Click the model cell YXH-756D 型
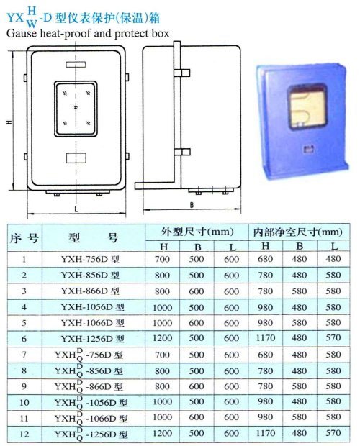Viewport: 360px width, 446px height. (90, 260)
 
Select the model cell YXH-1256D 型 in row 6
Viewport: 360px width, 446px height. (93, 339)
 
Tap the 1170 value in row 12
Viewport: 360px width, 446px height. (266, 433)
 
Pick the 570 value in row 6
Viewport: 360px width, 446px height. (333, 337)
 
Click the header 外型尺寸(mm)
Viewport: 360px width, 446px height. (197, 232)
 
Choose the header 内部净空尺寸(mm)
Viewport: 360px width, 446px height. (297, 232)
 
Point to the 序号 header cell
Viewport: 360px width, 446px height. (24, 238)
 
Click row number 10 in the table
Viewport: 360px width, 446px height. (24, 403)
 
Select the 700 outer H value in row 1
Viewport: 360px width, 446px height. (162, 259)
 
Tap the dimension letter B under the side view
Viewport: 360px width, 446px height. (192, 205)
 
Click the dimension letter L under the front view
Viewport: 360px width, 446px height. (76, 209)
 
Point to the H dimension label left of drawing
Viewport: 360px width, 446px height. (9, 122)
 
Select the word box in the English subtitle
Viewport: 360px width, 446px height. (161, 34)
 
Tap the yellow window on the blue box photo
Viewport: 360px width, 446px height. (307, 107)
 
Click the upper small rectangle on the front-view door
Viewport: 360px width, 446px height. (76, 65)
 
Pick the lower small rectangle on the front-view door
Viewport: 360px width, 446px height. (76, 158)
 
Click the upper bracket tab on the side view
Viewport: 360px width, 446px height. (182, 73)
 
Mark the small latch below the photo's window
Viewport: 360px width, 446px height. (308, 149)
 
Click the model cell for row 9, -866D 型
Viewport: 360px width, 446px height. (89, 386)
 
